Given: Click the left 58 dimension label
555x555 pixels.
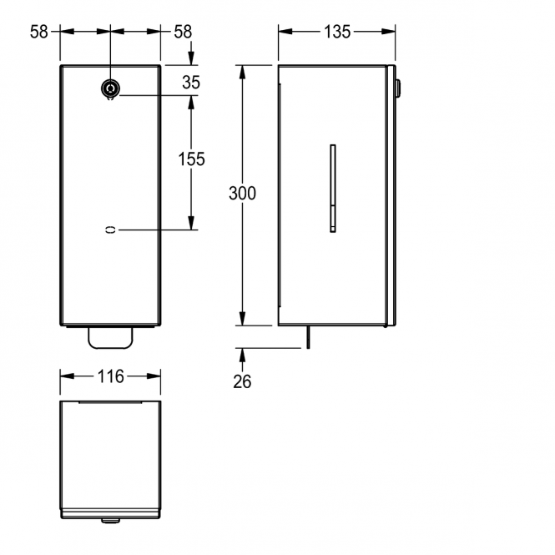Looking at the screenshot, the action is pos(38,32).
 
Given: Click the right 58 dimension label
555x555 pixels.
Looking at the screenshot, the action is pos(183,32).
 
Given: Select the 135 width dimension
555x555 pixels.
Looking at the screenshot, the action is pos(337,32).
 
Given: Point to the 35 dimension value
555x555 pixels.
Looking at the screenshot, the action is pos(191,83).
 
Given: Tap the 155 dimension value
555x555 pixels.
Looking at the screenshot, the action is pos(191,159).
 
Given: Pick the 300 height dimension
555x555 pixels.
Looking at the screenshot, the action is pos(242,194).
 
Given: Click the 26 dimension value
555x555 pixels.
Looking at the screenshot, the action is pos(242,381).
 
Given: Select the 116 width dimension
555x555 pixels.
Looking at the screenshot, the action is pos(111,376).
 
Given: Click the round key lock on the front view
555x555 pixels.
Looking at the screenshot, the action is pos(110,88).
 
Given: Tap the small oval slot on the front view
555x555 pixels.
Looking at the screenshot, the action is pos(110,230).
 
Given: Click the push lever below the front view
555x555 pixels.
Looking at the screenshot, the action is pos(110,338).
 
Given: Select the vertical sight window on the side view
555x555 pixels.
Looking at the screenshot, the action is pos(333,189).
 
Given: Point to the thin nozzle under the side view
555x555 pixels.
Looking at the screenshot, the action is pos(308,337).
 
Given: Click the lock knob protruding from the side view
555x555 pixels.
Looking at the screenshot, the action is pos(398,88).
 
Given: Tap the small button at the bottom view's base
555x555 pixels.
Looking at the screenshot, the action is pos(110,521).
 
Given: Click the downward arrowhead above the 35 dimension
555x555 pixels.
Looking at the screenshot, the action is pos(191,58).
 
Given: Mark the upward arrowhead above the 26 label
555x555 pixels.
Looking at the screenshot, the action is pos(242,355).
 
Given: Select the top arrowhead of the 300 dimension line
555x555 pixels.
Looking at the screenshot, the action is pos(242,73).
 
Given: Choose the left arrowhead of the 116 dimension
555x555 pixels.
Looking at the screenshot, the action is pos(68,376).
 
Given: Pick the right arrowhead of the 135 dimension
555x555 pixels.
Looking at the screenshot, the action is pos(388,32).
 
